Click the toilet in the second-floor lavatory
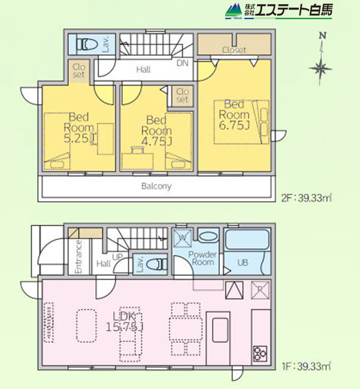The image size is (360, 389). (x=86, y=45)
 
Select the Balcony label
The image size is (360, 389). (x=156, y=186)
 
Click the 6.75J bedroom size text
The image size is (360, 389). (x=234, y=125)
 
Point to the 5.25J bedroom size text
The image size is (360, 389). (x=80, y=138)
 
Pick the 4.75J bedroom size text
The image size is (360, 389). (x=157, y=141)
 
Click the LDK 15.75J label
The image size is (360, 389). (x=125, y=321)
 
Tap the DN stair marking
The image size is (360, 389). (x=183, y=63)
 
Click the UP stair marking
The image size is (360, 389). (x=117, y=257)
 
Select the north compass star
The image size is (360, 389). (x=321, y=68)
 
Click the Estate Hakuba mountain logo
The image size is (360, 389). (x=234, y=11)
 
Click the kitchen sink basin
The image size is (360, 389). (x=220, y=330)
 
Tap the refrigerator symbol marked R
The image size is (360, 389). (x=260, y=290)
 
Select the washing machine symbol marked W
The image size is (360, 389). (x=183, y=238)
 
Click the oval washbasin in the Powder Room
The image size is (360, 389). (x=208, y=236)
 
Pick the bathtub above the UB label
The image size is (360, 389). (x=247, y=239)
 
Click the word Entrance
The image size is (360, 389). (x=78, y=257)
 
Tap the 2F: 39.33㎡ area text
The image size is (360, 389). (x=307, y=198)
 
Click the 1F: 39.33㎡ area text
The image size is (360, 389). (x=307, y=366)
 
